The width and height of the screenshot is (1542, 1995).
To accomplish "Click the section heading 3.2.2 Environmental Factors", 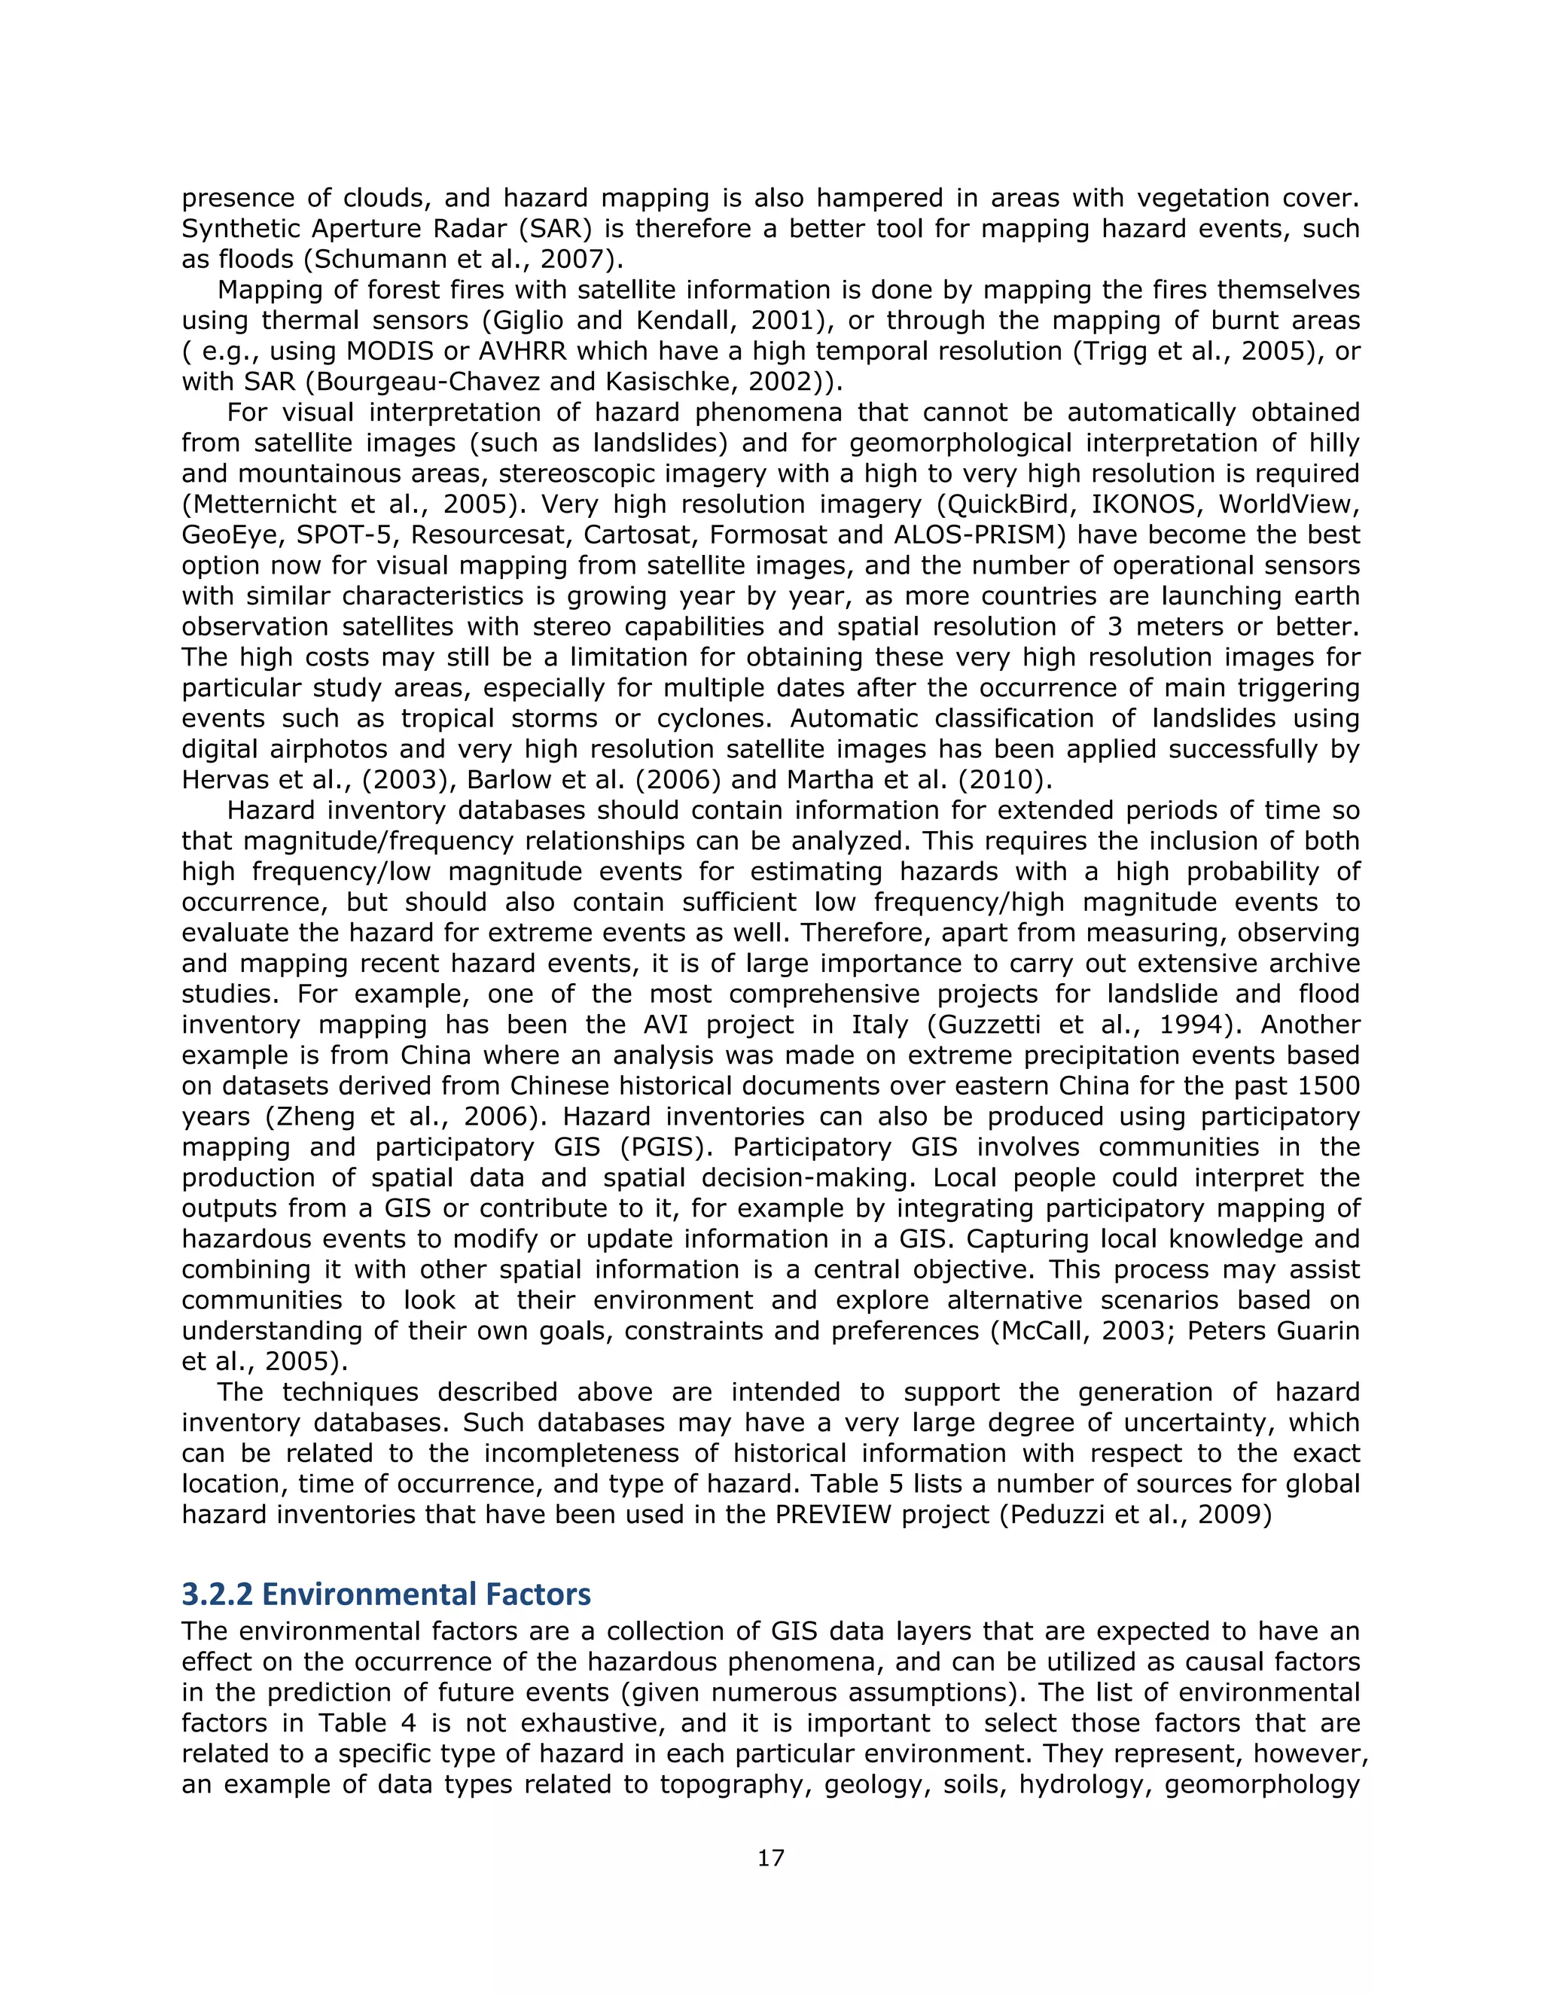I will coord(385,1593).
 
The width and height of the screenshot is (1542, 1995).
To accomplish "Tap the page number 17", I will coord(770,1857).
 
